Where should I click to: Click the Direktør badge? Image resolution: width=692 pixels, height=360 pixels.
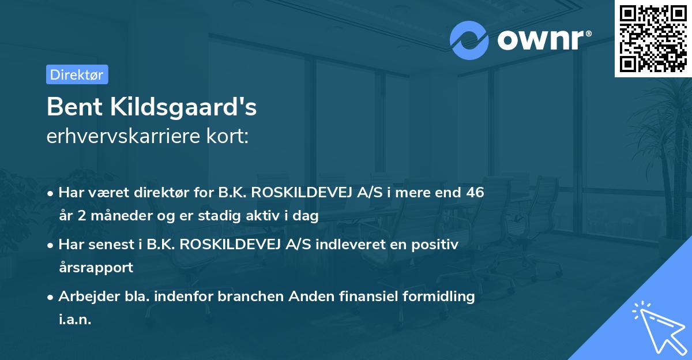pyautogui.click(x=77, y=74)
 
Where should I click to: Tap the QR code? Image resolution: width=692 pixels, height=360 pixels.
pyautogui.click(x=653, y=38)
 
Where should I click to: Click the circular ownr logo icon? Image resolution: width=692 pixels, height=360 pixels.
pyautogui.click(x=469, y=40)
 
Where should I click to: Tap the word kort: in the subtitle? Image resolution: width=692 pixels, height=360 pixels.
pyautogui.click(x=228, y=137)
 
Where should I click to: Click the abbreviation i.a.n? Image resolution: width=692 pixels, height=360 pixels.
pyautogui.click(x=75, y=319)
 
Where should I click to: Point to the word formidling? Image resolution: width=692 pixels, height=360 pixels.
pyautogui.click(x=441, y=297)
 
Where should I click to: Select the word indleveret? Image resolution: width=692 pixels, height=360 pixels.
pyautogui.click(x=343, y=245)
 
